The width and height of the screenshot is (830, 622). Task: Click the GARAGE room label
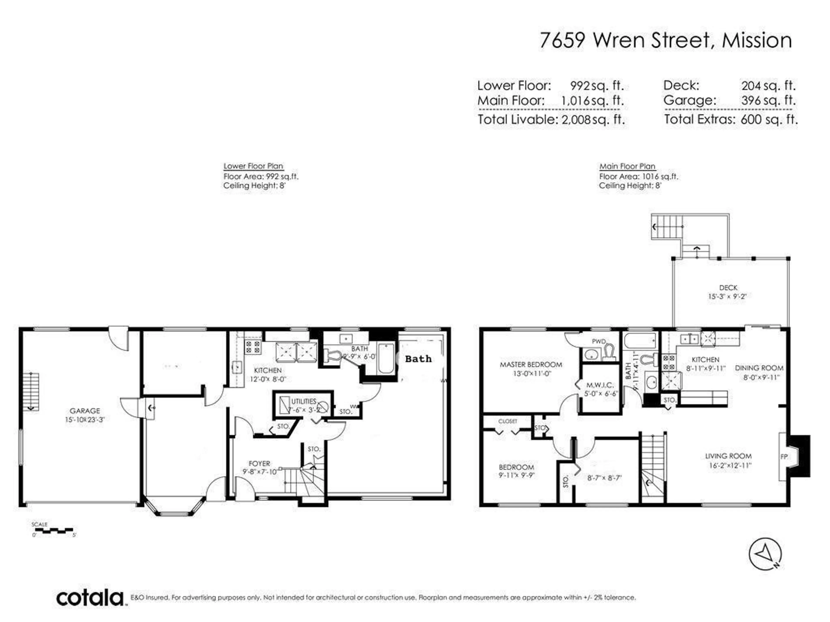85,411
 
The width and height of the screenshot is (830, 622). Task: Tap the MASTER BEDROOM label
531,364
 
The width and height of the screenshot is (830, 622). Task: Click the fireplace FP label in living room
784,457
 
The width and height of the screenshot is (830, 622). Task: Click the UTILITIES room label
303,401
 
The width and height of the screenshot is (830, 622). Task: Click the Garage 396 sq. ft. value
768,100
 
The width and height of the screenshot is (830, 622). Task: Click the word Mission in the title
757,40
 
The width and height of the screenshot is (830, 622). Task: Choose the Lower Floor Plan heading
253,166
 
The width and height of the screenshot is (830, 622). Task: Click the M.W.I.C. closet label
600,385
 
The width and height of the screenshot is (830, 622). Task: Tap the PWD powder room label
599,341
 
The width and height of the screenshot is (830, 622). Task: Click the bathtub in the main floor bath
640,340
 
